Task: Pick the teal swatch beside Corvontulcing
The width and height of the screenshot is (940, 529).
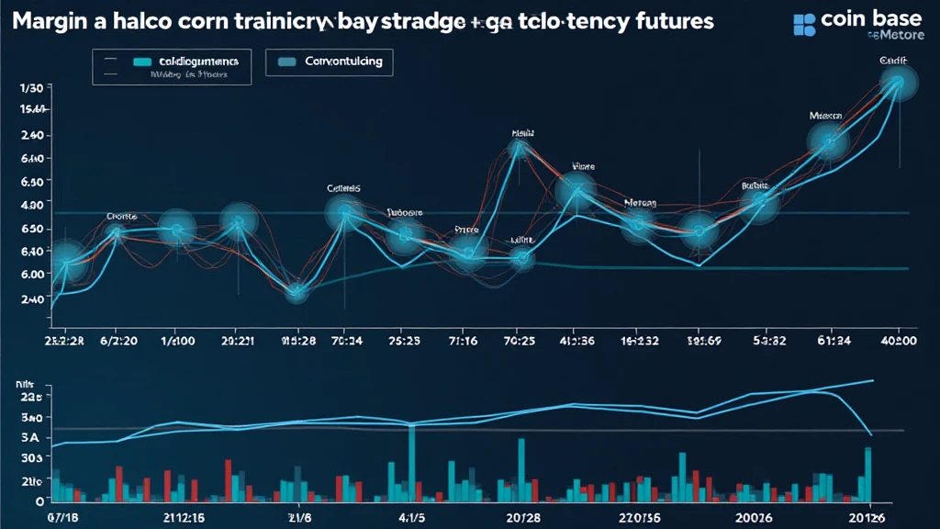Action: point(286,62)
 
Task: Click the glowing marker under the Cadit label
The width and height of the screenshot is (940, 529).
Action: point(894,84)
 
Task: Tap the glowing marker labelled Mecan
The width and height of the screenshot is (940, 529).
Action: point(828,141)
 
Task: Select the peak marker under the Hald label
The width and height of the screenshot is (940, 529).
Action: point(520,147)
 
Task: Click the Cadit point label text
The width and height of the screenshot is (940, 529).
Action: point(893,60)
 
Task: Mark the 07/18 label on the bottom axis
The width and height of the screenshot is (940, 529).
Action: point(65,518)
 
